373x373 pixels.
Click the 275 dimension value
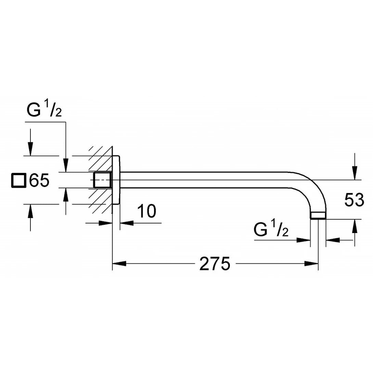(215, 263)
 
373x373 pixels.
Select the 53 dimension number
(354, 200)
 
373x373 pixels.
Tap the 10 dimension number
(147, 211)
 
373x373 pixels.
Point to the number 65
(39, 180)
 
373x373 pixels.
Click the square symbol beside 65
(19, 180)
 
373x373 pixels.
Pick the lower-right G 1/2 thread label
(271, 230)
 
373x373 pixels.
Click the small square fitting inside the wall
(102, 180)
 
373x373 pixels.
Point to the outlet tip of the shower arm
(318, 215)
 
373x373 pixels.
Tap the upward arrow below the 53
(355, 226)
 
